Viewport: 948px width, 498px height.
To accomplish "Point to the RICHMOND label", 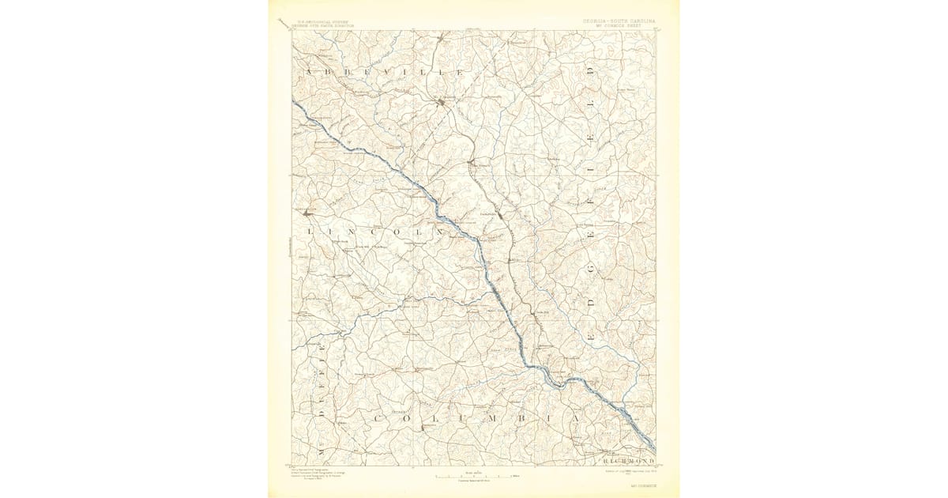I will coord(629,460).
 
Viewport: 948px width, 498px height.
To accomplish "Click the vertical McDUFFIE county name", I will coord(322,403).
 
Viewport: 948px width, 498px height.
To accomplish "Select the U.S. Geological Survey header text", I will coord(322,23).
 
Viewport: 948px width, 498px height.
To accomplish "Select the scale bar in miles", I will coord(475,477).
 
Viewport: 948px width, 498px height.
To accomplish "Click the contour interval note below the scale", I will coord(475,481).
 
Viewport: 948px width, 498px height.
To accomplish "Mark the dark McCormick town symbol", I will coord(443,102).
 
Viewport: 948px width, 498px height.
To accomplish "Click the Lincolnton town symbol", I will coord(307,213).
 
